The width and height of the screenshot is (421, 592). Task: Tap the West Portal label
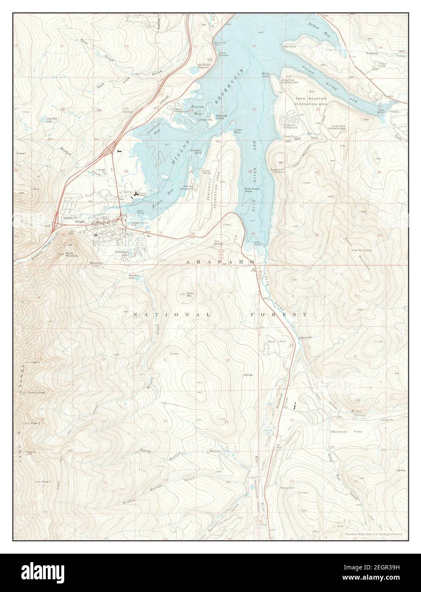(289, 46)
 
